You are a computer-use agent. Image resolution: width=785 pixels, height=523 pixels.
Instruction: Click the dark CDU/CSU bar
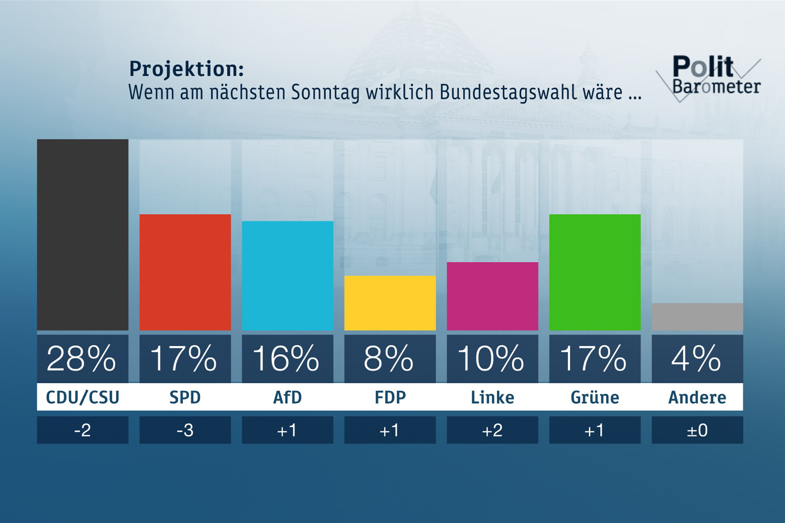(x=82, y=234)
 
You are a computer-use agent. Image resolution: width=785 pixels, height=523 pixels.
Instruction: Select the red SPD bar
(x=185, y=272)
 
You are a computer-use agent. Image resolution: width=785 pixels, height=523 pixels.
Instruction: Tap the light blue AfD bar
(x=287, y=275)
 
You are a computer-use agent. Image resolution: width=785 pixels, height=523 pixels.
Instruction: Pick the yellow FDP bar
(x=390, y=303)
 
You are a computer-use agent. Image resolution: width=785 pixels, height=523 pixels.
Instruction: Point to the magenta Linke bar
(x=492, y=296)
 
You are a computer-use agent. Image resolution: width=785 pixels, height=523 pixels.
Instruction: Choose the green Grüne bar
(x=595, y=272)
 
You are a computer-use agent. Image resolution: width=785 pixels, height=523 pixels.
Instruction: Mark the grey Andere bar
(x=697, y=317)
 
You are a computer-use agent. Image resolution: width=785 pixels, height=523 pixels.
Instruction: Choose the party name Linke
(x=492, y=397)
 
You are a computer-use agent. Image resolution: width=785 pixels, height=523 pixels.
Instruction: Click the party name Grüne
(x=595, y=397)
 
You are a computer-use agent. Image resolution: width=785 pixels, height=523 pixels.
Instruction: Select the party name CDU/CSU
(x=82, y=397)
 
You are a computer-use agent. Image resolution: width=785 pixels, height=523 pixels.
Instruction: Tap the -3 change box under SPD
(x=185, y=430)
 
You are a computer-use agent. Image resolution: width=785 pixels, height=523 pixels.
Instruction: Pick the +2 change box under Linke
(x=492, y=430)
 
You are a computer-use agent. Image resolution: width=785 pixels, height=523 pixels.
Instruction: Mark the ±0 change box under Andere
(x=697, y=430)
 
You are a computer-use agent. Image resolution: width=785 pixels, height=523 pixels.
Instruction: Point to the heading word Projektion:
(x=187, y=69)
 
